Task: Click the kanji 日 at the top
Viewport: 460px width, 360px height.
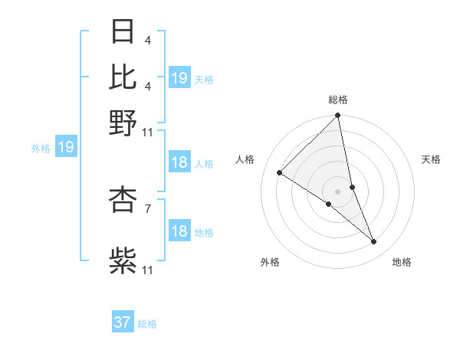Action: coord(123,32)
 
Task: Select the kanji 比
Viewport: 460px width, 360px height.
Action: coord(123,77)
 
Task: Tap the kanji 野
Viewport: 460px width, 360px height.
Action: coord(123,123)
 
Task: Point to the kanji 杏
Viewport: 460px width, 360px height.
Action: coord(123,198)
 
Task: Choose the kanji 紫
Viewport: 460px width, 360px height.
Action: coord(123,260)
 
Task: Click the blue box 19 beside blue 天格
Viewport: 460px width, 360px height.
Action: coord(179,78)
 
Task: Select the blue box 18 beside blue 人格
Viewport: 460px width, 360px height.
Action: coord(179,163)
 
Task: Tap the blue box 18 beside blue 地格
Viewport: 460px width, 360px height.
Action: coord(179,232)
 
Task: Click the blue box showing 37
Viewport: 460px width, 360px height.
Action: coord(123,322)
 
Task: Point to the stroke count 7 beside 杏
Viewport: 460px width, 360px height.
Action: coord(147,207)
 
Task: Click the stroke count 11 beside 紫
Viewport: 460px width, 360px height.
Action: coord(148,270)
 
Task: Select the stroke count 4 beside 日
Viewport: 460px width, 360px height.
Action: coord(147,41)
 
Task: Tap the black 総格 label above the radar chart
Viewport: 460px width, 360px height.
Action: coord(338,100)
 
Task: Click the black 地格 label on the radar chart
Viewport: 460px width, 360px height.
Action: coord(402,262)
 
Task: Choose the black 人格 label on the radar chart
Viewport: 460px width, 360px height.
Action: coord(245,159)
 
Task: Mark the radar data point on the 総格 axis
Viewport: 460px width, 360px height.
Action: coord(338,116)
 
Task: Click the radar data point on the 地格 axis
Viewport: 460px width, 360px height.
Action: coord(374,241)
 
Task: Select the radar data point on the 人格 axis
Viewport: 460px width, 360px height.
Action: coord(280,173)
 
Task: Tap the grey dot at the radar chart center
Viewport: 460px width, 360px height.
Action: coord(338,191)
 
